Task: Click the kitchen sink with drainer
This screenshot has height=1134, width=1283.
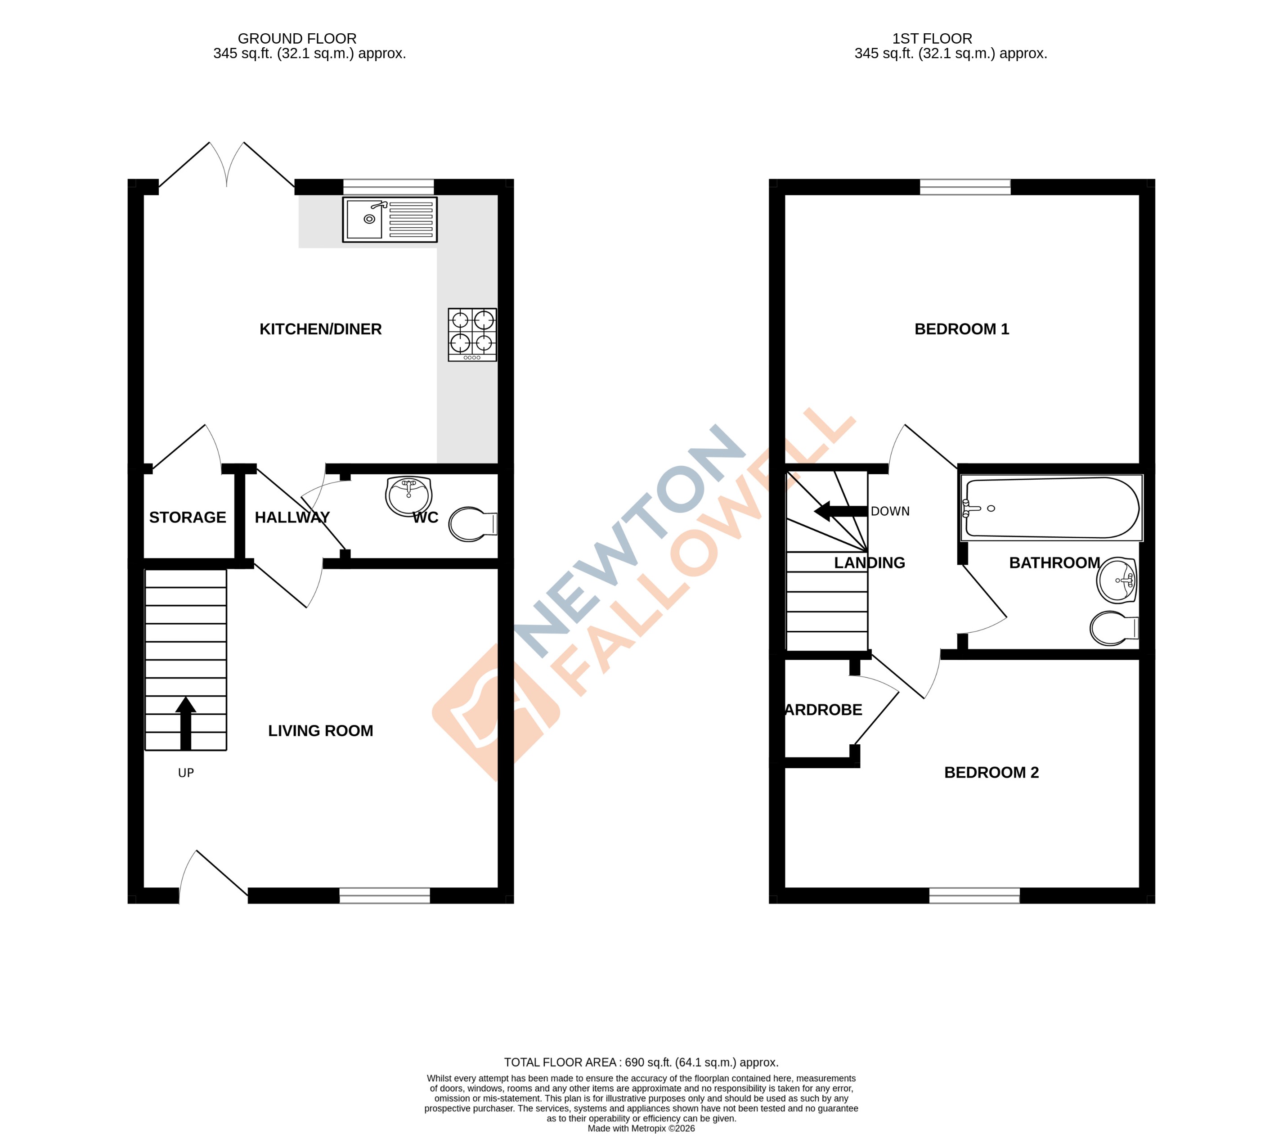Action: coord(389,220)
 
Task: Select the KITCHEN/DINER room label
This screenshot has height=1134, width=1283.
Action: coord(320,329)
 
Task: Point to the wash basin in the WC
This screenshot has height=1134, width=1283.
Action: coord(408,495)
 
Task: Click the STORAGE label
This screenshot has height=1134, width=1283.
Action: coord(187,517)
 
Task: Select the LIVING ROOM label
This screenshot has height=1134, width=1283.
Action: coord(320,730)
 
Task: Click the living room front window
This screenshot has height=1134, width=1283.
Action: coord(384,895)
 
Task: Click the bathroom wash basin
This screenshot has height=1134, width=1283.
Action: coord(1116,580)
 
